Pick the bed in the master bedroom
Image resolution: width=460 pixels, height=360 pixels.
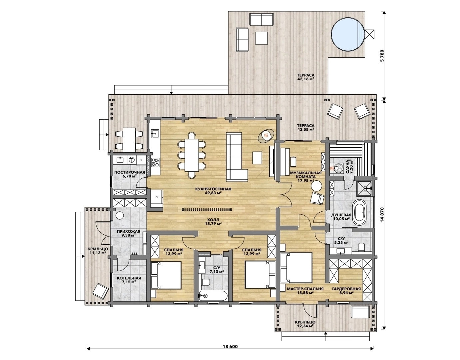click(x=296, y=267)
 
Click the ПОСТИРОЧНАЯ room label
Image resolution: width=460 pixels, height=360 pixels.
click(x=130, y=172)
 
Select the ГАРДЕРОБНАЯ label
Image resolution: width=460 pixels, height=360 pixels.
click(x=346, y=289)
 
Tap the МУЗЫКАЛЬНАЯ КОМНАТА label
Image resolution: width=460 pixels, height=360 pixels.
click(x=306, y=175)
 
